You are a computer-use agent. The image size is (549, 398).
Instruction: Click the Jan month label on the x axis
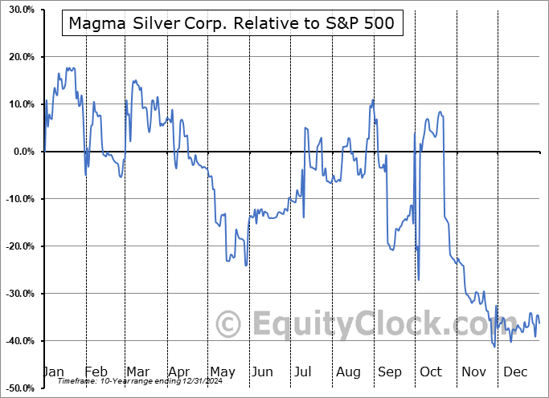pyautogui.click(x=52, y=372)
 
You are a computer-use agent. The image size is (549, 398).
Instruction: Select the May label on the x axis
pyautogui.click(x=223, y=372)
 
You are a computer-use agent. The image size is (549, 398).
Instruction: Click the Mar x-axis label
pyautogui.click(x=137, y=372)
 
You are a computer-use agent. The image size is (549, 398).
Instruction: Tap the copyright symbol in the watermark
pyautogui.click(x=229, y=324)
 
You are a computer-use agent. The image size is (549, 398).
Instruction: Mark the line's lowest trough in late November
pyautogui.click(x=494, y=347)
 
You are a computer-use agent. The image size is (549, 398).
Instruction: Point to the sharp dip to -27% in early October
pyautogui.click(x=419, y=279)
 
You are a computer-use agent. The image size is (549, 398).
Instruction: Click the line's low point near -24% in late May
pyautogui.click(x=246, y=265)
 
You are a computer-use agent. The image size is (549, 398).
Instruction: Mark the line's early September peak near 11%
pyautogui.click(x=373, y=99)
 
